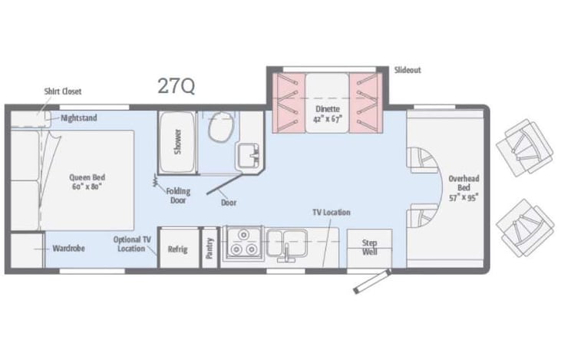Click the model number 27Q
tap(176, 86)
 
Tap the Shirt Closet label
tap(62, 91)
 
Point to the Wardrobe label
tap(69, 249)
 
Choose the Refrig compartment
tap(178, 249)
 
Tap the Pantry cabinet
tap(210, 248)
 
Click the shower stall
tap(177, 142)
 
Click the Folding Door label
tap(179, 196)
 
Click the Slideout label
tap(408, 71)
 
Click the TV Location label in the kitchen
tap(331, 212)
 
